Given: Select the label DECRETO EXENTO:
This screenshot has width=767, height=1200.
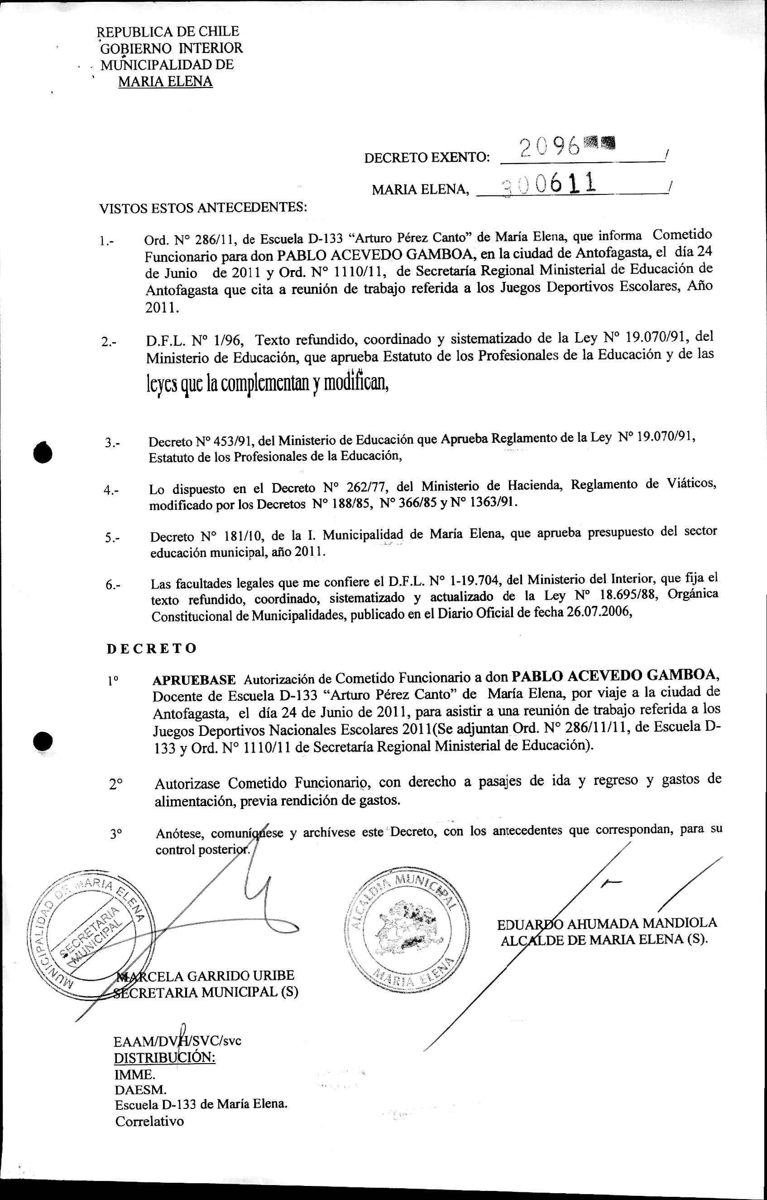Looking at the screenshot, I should [427, 159].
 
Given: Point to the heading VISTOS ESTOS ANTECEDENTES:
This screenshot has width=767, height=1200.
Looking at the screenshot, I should [203, 208].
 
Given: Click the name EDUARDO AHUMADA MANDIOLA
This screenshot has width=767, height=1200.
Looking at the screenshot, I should [607, 923].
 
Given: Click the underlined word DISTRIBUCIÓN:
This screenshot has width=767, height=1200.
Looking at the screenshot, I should [165, 1058].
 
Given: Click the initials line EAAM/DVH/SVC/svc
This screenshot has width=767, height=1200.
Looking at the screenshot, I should [178, 1041].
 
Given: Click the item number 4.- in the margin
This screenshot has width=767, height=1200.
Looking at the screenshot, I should [111, 490].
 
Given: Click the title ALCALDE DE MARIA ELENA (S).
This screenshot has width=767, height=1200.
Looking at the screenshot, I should [604, 940].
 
